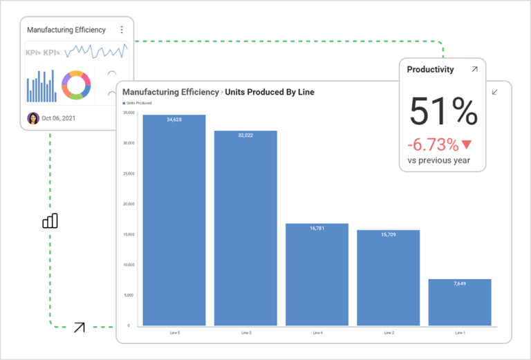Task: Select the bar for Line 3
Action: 245,228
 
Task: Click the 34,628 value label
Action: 174,120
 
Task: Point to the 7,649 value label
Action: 460,284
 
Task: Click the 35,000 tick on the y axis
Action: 129,113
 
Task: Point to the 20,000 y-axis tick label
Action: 129,204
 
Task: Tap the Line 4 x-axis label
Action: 317,332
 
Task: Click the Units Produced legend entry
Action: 138,103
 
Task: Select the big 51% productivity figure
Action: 443,112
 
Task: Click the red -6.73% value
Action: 433,144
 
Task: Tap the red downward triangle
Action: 467,144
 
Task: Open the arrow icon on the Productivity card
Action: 474,69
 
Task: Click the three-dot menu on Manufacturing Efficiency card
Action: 122,30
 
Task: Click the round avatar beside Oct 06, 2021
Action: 33,118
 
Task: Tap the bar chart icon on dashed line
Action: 50,220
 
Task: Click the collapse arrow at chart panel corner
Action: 494,92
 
